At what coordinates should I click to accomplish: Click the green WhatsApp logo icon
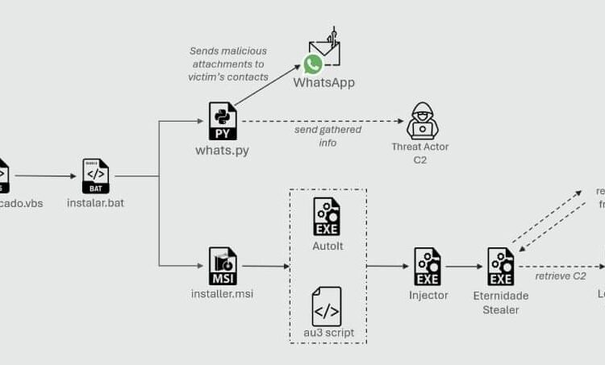pos(313,64)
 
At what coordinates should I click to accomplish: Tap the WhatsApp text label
pos(323,83)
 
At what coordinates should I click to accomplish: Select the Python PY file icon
pos(223,121)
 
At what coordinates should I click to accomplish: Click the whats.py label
pos(223,150)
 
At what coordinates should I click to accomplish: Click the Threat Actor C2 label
pos(420,153)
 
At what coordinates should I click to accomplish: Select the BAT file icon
pos(95,176)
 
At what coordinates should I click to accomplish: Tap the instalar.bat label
pos(95,203)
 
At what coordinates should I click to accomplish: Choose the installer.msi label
pos(223,293)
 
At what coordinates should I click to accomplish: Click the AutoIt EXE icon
pos(327,216)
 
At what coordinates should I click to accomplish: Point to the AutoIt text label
pos(327,246)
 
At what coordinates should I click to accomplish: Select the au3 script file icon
pos(327,306)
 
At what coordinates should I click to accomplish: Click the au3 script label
pos(327,333)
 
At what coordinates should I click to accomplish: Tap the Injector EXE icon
pos(428,266)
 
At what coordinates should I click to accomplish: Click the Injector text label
pos(428,295)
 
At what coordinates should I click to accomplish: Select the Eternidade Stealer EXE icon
pos(501,266)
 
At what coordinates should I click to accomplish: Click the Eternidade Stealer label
pos(501,302)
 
